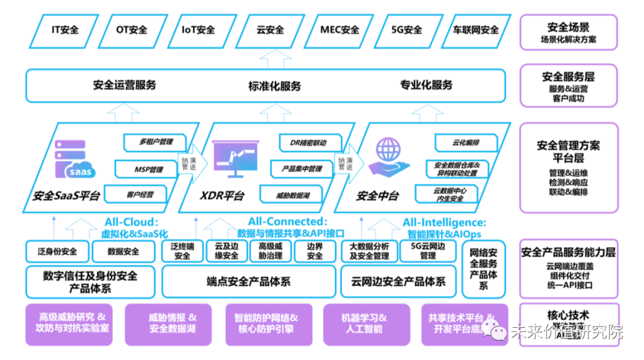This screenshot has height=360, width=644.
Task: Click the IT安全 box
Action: tap(65, 30)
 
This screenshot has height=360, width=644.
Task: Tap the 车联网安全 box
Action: tap(476, 30)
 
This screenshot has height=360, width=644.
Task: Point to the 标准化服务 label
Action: tap(274, 86)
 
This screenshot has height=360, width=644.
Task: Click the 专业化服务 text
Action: tap(426, 85)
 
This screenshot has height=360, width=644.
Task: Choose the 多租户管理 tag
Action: tap(156, 142)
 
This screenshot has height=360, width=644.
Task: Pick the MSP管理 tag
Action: tap(148, 170)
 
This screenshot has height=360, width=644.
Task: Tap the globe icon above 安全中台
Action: tap(386, 148)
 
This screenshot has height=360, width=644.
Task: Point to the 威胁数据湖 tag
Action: tap(292, 195)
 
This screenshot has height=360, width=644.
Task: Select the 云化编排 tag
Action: tap(466, 143)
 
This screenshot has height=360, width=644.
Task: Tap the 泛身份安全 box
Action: tap(57, 252)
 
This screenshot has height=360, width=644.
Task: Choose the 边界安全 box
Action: tap(315, 251)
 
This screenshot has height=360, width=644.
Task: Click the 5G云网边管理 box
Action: tap(428, 251)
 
